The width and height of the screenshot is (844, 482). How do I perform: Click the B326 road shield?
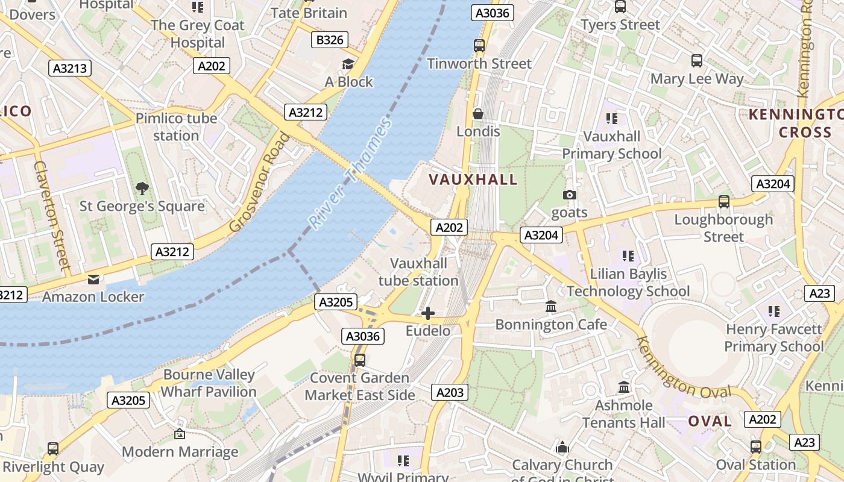[330, 40]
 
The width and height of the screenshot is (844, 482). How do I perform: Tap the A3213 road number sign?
[70, 68]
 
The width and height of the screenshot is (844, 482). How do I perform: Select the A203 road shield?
[450, 393]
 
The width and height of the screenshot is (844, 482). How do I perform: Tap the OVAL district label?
[710, 421]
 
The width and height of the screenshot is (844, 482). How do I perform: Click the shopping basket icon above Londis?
[478, 113]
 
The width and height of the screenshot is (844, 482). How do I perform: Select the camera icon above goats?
[569, 195]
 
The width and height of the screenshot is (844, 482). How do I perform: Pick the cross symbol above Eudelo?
[428, 313]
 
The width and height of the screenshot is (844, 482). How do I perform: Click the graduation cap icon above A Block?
[348, 64]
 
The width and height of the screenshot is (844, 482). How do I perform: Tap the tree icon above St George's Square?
[142, 189]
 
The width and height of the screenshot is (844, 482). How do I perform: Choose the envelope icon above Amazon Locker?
[93, 280]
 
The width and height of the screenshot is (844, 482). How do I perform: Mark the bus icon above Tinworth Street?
[479, 46]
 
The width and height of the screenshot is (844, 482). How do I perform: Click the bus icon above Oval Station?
[755, 447]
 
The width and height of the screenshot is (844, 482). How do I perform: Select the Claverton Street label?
[53, 214]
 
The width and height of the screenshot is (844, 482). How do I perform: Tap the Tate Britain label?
[309, 13]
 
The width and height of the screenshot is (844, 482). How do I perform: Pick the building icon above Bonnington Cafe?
[551, 307]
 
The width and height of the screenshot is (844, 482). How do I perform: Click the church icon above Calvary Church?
[562, 447]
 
